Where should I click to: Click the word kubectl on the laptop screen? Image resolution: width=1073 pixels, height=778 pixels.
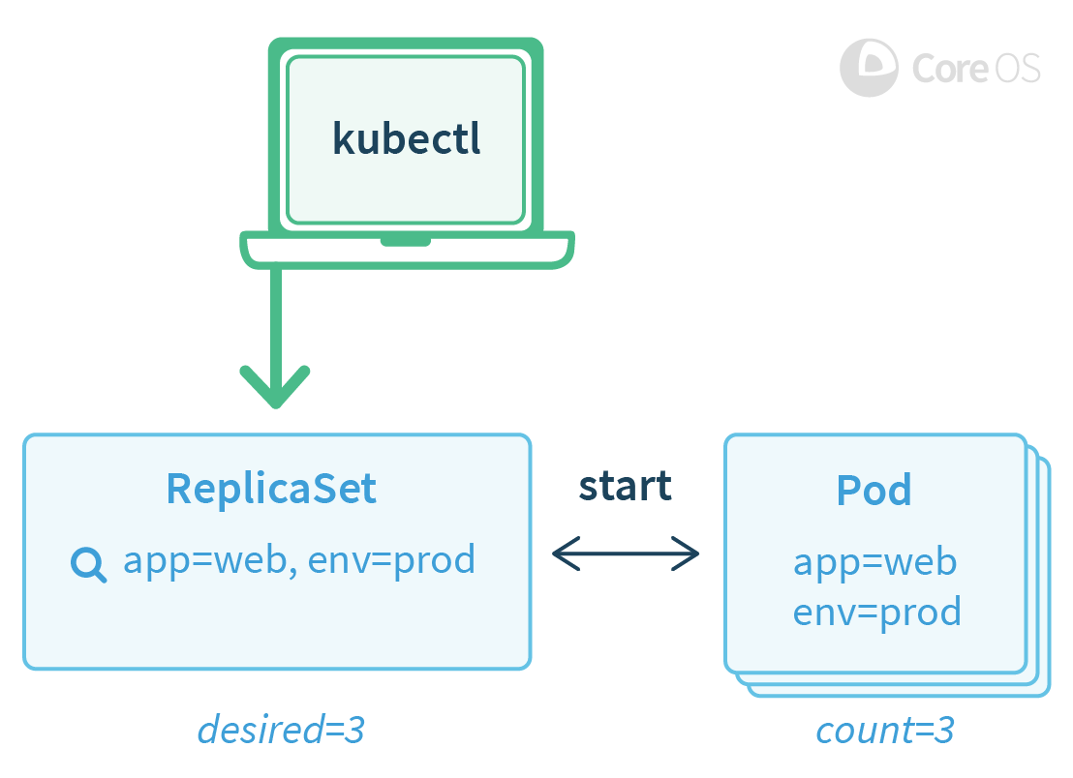407,138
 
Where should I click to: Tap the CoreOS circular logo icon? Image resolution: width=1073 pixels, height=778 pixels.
869,68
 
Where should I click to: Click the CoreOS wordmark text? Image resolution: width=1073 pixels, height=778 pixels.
976,68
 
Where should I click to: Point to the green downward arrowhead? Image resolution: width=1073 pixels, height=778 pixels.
276,387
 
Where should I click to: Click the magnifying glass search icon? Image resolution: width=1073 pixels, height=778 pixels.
89,564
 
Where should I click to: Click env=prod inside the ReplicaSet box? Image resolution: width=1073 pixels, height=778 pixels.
391,559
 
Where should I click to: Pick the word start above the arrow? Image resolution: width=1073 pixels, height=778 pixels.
625,485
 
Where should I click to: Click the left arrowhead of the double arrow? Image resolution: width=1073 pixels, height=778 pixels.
562,554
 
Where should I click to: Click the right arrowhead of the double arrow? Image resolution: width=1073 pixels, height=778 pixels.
690,554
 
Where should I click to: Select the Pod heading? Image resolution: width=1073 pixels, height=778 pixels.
874,491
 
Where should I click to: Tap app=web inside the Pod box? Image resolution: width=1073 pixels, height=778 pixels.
875,562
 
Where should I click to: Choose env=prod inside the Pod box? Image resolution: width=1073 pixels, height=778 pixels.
876,612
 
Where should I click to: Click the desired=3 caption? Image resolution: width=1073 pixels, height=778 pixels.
281,730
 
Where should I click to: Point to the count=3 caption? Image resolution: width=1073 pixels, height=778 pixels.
885,730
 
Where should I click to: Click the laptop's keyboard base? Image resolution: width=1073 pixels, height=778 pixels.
407,250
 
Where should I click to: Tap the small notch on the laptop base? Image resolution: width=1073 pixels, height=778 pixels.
406,240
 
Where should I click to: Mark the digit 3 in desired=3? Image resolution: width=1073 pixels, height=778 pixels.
353,730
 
